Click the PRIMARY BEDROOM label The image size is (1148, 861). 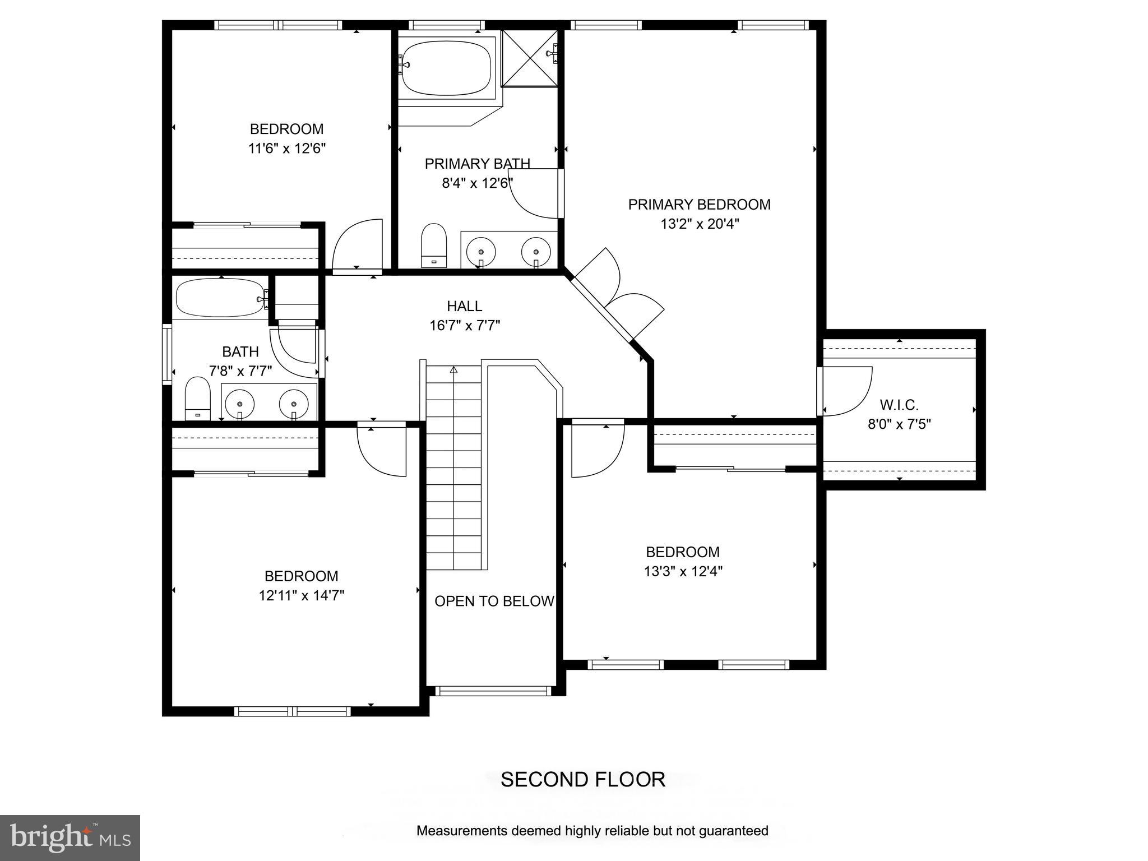point(699,205)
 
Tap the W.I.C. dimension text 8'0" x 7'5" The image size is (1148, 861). point(899,424)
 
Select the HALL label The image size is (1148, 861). point(464,306)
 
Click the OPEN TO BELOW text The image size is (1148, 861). point(494,601)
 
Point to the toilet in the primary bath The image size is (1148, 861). point(433,246)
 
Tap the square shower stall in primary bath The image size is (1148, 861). point(529,58)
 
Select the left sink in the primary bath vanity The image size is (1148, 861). point(481,250)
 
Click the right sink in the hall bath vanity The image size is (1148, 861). point(294,403)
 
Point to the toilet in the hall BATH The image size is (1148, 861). point(197,399)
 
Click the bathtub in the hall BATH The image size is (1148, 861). point(221,298)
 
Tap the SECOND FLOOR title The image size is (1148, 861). point(582,780)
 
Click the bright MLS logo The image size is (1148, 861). point(70,838)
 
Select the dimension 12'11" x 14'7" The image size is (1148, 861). point(301,595)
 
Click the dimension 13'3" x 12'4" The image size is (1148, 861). point(683,572)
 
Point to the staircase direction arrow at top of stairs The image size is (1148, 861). point(453,370)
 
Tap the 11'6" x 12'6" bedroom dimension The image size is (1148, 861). point(286,149)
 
